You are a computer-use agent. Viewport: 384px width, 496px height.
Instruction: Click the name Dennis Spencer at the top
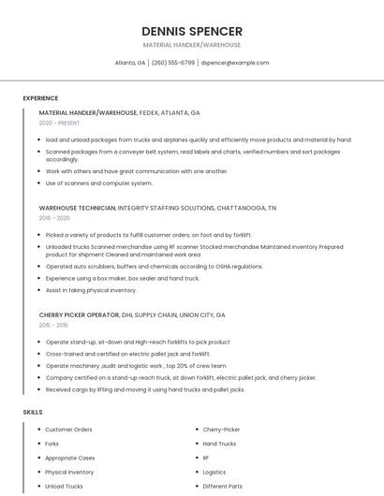point(192,31)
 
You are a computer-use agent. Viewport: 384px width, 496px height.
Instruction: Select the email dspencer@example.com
point(235,63)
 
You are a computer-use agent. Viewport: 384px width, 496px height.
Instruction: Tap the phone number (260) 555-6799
point(173,63)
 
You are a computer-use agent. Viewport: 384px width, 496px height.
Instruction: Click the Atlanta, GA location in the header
point(130,63)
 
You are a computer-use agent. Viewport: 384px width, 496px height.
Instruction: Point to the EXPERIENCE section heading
point(40,98)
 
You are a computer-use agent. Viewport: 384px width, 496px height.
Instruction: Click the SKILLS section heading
point(33,412)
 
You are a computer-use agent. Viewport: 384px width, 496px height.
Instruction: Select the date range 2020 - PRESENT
point(60,123)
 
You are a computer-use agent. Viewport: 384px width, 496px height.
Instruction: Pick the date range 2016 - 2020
point(54,217)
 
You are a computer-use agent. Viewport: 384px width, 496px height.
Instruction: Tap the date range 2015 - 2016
point(53,325)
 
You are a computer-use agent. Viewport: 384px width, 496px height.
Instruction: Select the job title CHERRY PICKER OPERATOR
point(80,314)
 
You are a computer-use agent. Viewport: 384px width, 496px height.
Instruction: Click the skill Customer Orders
point(68,430)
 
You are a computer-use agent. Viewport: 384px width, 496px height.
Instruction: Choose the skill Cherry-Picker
point(221,430)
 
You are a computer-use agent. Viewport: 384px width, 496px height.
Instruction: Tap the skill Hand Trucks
point(219,444)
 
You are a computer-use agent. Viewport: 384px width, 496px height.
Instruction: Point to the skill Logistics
point(214,472)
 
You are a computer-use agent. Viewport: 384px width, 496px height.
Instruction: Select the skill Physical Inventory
point(69,472)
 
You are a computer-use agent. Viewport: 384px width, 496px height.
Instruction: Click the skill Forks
point(52,444)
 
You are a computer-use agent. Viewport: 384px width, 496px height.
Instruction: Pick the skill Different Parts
point(222,486)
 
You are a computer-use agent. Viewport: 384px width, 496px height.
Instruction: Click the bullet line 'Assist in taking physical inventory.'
point(91,289)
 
